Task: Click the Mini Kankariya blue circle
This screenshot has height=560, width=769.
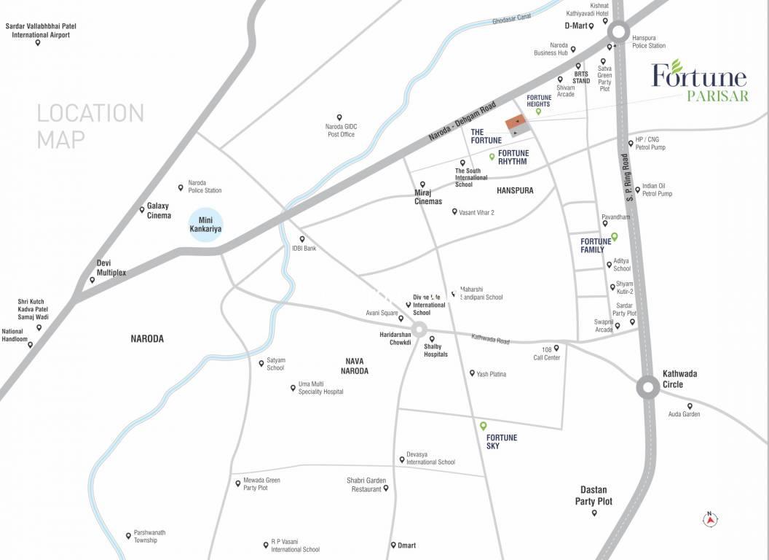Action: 205,224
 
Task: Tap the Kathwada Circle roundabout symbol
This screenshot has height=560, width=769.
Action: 648,387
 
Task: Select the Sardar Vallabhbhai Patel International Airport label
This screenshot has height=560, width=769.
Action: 41,30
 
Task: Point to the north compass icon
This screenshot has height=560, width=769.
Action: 711,519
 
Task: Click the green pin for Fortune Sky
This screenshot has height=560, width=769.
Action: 483,426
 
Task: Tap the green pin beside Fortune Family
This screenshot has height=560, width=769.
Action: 614,236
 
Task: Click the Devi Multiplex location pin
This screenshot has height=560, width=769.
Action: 92,280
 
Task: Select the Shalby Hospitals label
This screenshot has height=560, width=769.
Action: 435,350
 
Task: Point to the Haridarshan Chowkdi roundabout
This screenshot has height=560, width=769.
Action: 419,330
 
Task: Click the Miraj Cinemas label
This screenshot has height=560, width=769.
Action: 428,197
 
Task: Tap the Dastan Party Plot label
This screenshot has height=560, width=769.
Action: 593,495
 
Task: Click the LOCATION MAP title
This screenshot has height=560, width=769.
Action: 90,125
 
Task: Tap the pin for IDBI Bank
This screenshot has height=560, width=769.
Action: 302,239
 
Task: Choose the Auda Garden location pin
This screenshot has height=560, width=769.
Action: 690,406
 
